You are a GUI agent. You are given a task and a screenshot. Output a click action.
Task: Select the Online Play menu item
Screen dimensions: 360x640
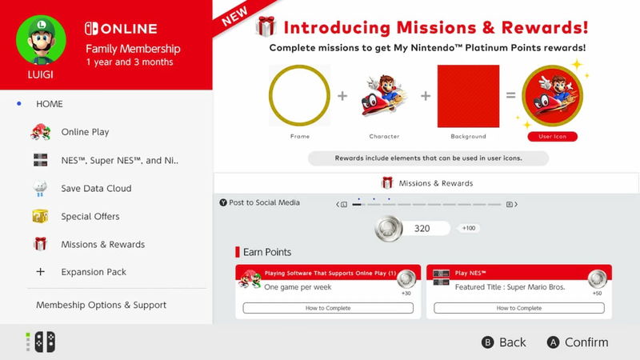(x=85, y=132)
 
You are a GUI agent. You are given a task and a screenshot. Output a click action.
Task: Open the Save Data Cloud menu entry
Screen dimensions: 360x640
(x=96, y=188)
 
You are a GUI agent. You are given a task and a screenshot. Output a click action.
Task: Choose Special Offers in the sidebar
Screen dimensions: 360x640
(x=90, y=216)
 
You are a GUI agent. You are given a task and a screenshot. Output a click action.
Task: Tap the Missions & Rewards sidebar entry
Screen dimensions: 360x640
(x=102, y=244)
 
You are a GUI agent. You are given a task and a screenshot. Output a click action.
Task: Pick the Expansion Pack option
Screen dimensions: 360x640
(x=94, y=272)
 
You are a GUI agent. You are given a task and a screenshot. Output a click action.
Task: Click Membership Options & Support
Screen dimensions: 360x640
(x=101, y=305)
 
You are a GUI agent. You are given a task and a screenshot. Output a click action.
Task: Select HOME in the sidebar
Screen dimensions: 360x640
(x=49, y=104)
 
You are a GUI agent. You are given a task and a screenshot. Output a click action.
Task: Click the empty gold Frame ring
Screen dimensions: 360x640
(x=299, y=96)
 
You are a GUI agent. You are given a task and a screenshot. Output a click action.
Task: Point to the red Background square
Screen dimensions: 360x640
(x=468, y=96)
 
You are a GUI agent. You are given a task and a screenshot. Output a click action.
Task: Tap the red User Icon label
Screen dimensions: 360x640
(x=552, y=137)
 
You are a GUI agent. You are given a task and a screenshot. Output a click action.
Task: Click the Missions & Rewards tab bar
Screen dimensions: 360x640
(x=426, y=183)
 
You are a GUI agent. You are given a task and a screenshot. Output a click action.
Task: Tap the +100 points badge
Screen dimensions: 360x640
(x=470, y=229)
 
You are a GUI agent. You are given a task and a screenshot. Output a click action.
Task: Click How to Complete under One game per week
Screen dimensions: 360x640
(x=328, y=308)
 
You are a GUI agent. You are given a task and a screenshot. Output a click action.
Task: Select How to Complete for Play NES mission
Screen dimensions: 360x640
(x=518, y=308)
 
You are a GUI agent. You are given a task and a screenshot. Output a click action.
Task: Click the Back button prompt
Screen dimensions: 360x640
(x=504, y=342)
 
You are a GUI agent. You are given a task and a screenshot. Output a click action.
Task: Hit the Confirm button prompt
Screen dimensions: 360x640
(x=578, y=342)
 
